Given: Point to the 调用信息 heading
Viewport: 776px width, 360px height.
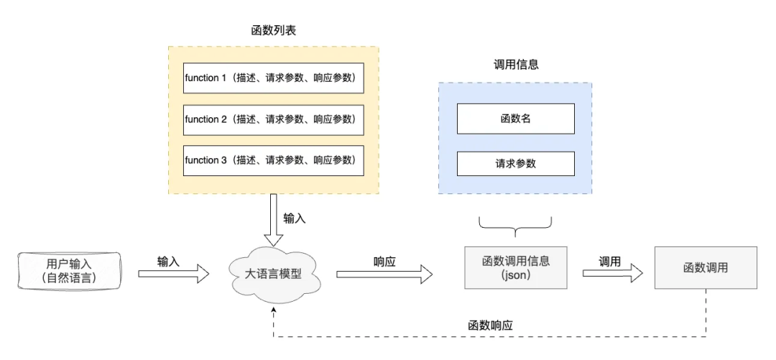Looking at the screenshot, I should point(515,64).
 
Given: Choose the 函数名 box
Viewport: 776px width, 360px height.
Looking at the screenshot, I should point(515,119).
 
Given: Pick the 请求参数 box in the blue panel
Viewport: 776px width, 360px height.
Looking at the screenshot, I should point(515,163).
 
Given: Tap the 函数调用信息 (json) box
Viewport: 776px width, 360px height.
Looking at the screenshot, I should point(515,267).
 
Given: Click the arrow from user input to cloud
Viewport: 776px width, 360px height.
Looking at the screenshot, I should point(173,273).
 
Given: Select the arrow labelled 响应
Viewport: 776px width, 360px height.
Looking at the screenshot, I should point(384,273).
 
